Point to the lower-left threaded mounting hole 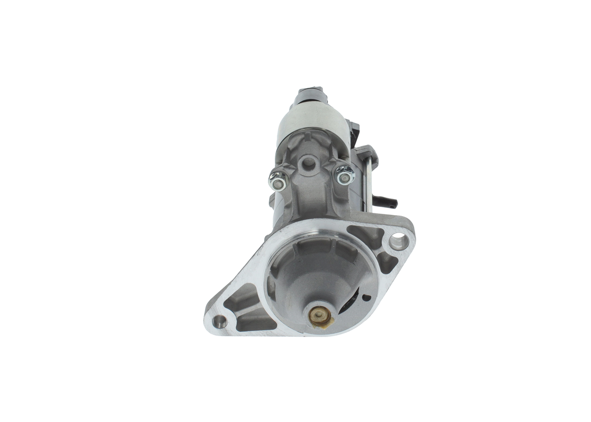click(x=220, y=320)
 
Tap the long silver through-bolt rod click(x=368, y=185)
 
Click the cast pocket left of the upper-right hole click(x=367, y=235)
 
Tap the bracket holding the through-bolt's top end click(x=367, y=154)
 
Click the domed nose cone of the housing click(x=319, y=282)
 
